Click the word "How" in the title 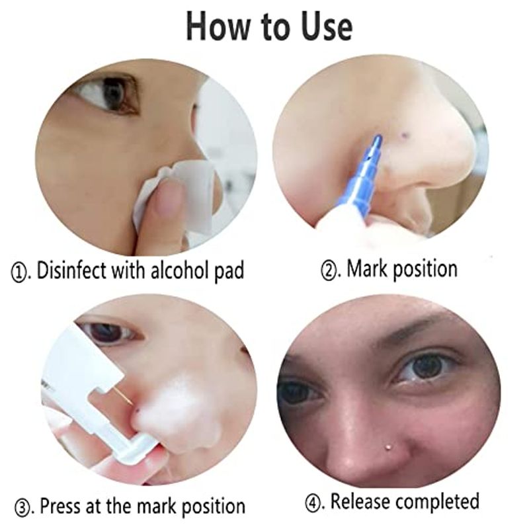[219, 26]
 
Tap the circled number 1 [19, 272]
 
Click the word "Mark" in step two [368, 269]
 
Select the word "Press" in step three [60, 506]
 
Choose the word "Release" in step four [361, 502]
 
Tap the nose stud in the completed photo [388, 447]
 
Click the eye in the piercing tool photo [111, 333]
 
